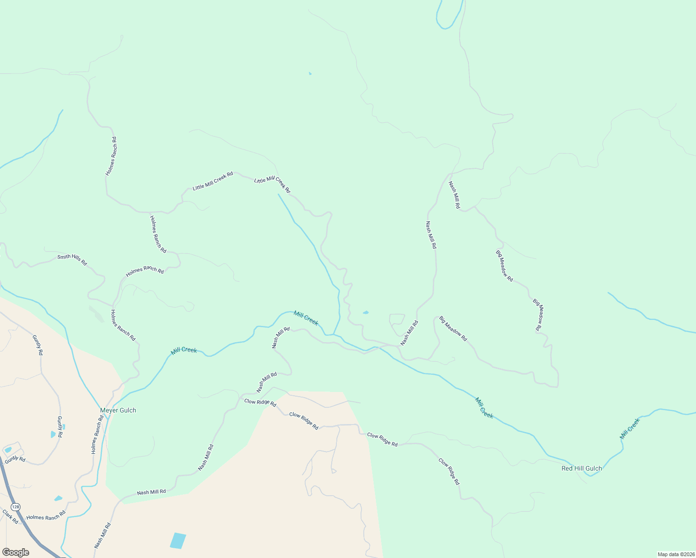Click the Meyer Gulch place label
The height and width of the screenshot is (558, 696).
point(118,410)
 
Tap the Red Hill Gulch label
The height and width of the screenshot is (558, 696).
point(582,468)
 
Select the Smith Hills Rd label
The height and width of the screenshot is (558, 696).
point(72,259)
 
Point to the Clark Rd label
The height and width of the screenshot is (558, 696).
point(10,517)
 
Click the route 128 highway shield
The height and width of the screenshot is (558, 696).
point(16,506)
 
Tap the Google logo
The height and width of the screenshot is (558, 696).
point(16,552)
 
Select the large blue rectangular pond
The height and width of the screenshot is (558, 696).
point(178,540)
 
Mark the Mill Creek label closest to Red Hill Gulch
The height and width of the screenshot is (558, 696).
point(630,429)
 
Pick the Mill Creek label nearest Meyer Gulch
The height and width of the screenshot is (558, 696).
point(184,351)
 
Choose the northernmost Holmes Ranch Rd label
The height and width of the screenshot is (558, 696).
point(111,156)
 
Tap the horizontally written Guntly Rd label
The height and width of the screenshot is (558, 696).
point(15,459)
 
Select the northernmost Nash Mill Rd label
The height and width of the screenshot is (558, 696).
point(454,194)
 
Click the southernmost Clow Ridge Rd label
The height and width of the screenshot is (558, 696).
point(449,472)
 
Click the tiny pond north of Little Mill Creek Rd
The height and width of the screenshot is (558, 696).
point(310,73)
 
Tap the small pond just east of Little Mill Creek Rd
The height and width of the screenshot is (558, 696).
point(366,312)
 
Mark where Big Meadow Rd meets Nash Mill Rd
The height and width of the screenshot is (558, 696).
point(475,206)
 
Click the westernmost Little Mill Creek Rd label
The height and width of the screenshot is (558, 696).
point(213,181)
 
